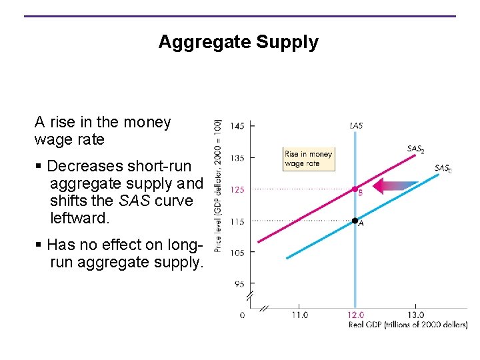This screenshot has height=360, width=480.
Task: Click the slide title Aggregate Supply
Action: pyautogui.click(x=239, y=42)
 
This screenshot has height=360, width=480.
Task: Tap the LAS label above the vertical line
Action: pyautogui.click(x=356, y=125)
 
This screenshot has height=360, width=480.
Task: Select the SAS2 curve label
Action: pyautogui.click(x=415, y=149)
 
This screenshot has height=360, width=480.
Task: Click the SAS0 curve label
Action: pyautogui.click(x=443, y=169)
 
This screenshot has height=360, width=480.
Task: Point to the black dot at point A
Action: pyautogui.click(x=355, y=220)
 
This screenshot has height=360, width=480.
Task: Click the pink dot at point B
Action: pyautogui.click(x=355, y=189)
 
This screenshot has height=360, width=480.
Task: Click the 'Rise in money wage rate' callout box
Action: pyautogui.click(x=308, y=159)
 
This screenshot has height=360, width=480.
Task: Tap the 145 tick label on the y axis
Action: pyautogui.click(x=237, y=126)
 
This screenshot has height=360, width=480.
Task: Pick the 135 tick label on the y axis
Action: pyautogui.click(x=237, y=158)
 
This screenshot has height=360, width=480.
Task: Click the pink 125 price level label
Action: pyautogui.click(x=237, y=189)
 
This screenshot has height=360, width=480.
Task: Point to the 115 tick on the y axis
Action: pyautogui.click(x=237, y=221)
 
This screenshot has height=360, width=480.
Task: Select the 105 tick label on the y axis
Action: pyautogui.click(x=237, y=253)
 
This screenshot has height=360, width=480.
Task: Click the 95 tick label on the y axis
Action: pyautogui.click(x=239, y=284)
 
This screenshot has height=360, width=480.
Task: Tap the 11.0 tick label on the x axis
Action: pyautogui.click(x=299, y=315)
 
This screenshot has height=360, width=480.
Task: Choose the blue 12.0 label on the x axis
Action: pyautogui.click(x=356, y=315)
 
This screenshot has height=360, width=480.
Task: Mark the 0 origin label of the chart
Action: pyautogui.click(x=242, y=315)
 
